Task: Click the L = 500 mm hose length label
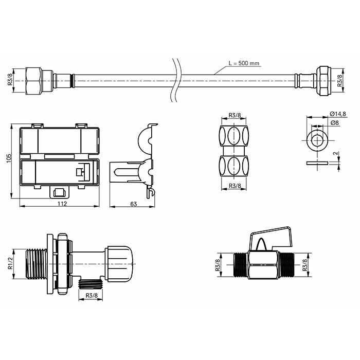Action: [x=244, y=63]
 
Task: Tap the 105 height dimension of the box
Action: [x=9, y=158]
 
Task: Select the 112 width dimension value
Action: [x=62, y=204]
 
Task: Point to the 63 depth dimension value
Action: [x=133, y=204]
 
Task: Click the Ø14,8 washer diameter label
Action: [x=338, y=114]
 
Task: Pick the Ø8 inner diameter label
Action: [x=335, y=123]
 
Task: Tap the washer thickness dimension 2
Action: [x=337, y=153]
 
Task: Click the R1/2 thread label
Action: [x=10, y=263]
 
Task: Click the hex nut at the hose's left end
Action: [x=34, y=81]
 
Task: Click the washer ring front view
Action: [x=317, y=140]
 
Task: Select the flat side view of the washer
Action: [x=317, y=163]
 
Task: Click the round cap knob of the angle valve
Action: [x=119, y=263]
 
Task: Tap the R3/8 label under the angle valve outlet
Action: [x=92, y=295]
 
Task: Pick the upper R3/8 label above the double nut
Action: [x=235, y=115]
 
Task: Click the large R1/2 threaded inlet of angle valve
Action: [x=36, y=263]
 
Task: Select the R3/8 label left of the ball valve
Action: [x=217, y=264]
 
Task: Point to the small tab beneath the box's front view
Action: [x=60, y=192]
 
